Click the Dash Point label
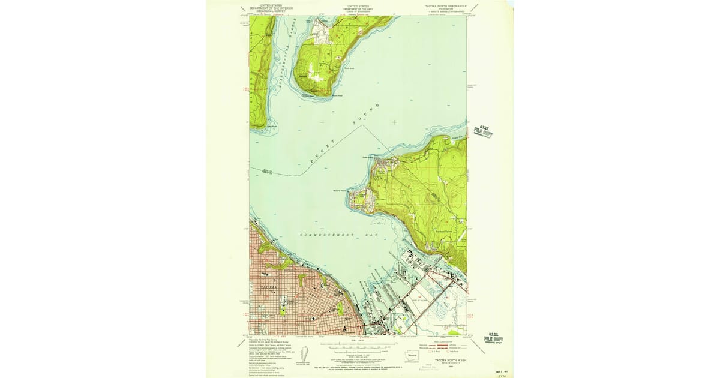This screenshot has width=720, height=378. (367, 159)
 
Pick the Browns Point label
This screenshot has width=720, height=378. (340, 191)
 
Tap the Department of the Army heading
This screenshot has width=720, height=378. (358, 8)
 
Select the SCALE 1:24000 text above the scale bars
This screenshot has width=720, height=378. (359, 342)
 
